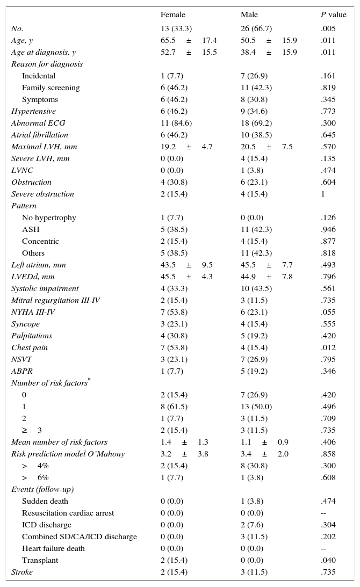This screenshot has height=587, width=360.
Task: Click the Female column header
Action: pos(172,15)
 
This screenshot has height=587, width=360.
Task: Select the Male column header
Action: pos(249,15)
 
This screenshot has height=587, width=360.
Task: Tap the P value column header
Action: pos(333,15)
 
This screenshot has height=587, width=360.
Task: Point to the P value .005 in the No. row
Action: pos(328,28)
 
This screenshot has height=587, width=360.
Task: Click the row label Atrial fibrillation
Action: pos(40,135)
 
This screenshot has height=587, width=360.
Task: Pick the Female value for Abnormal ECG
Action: pos(176,123)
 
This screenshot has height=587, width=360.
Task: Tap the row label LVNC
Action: pos(22,170)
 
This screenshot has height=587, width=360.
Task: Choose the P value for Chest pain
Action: pos(328,347)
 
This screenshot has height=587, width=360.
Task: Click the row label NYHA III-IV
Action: pos(33,312)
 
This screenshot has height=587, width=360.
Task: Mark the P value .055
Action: pos(328,312)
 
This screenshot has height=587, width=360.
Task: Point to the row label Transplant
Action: pos(40,560)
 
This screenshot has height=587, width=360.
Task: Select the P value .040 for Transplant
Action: pos(328,560)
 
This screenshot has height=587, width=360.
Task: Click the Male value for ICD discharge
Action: pos(252,525)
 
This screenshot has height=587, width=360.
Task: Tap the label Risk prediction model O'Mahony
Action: pos(68,454)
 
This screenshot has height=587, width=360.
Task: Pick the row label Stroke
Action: pos(22,572)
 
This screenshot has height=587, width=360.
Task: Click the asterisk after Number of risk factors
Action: pos(89,380)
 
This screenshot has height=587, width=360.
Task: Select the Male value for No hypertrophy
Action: pos(252,218)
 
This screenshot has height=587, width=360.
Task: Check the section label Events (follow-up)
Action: pos(42,489)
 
